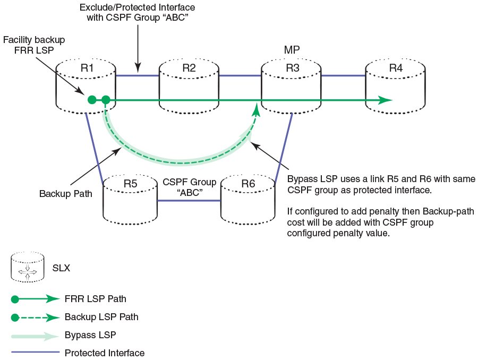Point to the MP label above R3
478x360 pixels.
coord(292,50)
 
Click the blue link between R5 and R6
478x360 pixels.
coord(190,201)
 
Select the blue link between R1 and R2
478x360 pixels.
coord(138,75)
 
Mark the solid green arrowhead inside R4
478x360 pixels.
coord(386,99)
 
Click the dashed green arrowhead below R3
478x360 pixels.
coord(257,110)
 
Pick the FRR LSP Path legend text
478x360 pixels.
coord(96,299)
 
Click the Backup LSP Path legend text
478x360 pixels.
coord(101,317)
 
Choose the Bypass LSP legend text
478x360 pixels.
coord(90,335)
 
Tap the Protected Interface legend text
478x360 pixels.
coord(105,353)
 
